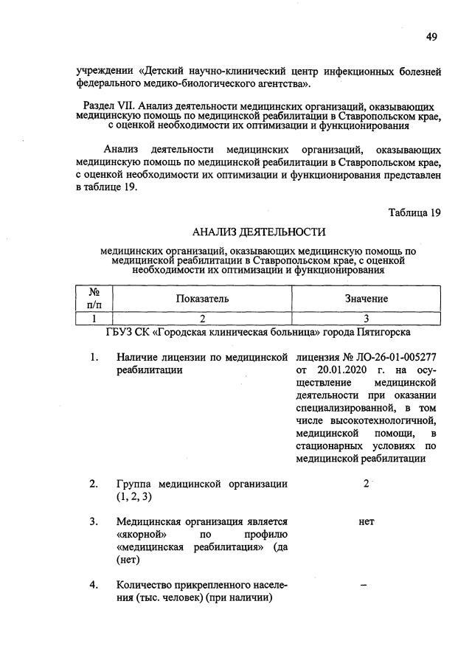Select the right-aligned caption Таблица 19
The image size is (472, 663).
click(414, 213)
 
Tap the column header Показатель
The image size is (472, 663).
click(202, 299)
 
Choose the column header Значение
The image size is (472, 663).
click(366, 299)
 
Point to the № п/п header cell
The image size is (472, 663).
click(94, 299)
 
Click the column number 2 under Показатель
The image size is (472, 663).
click(202, 319)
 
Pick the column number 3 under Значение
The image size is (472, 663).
click(366, 319)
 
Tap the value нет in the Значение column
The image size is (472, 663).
click(366, 521)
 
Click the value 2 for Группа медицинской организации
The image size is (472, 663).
click(366, 483)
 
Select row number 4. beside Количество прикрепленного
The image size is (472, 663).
click(94, 586)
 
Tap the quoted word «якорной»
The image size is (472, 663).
click(141, 534)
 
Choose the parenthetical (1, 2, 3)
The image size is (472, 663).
click(133, 496)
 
